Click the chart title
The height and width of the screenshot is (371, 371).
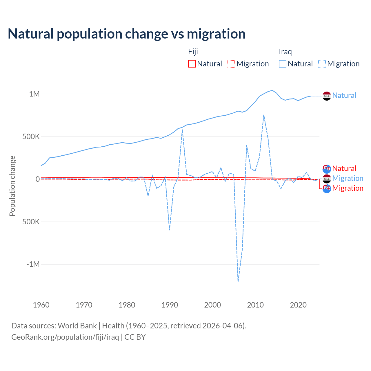126,34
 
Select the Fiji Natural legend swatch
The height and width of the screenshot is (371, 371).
192,64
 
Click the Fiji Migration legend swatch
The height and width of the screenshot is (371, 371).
231,64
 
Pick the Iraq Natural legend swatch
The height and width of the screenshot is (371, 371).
282,64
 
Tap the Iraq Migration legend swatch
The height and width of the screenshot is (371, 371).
322,64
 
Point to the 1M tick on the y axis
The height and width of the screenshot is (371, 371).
34,94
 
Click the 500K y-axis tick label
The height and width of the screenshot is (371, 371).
31,137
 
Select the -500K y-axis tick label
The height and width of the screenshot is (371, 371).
30,222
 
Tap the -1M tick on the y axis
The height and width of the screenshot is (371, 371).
33,264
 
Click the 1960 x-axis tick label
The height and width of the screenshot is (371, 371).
41,305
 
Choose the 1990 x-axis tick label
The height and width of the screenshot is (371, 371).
170,305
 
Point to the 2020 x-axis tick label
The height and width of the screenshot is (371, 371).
298,305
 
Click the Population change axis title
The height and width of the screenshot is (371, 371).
12,186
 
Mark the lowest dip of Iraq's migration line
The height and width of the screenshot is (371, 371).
238,281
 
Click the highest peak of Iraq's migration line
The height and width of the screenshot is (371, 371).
264,115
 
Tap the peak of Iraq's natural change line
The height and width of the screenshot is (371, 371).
272,90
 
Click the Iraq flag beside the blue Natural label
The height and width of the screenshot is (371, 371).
327,96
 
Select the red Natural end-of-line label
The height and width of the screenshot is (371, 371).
344,168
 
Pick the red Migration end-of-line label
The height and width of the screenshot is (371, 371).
348,188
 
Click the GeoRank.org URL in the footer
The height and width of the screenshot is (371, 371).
65,337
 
